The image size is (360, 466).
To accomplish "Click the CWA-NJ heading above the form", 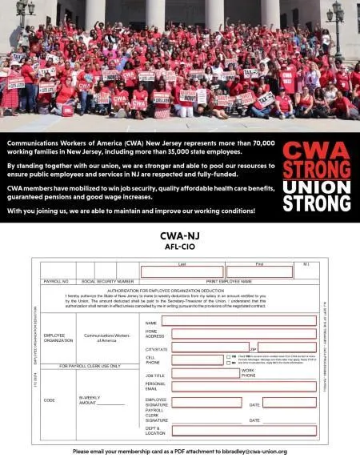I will pos(180,237).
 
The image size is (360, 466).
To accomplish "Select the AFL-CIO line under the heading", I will pos(180,247).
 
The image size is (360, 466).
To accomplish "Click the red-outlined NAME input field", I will pos(238,320).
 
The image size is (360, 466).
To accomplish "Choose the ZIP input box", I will pos(287,347).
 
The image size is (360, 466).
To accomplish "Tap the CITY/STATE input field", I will pos(209,347).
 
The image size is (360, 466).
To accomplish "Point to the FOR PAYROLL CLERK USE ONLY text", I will pos(90,365).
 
